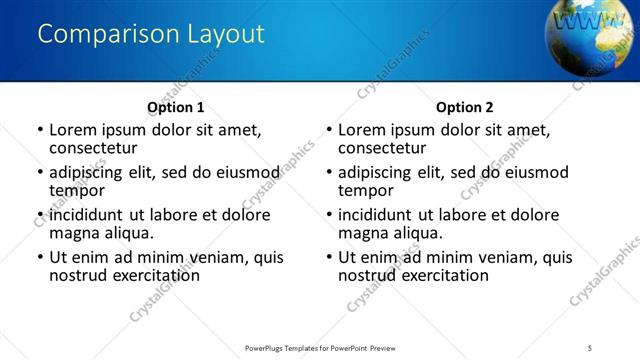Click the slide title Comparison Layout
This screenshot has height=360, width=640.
coord(151,34)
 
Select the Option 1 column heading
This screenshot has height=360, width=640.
coord(175,107)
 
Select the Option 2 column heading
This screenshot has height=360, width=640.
coord(464,107)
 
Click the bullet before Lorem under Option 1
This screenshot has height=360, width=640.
coord(40,130)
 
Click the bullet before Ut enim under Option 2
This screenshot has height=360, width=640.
coord(329,258)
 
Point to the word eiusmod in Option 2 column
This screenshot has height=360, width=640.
coord(532,172)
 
